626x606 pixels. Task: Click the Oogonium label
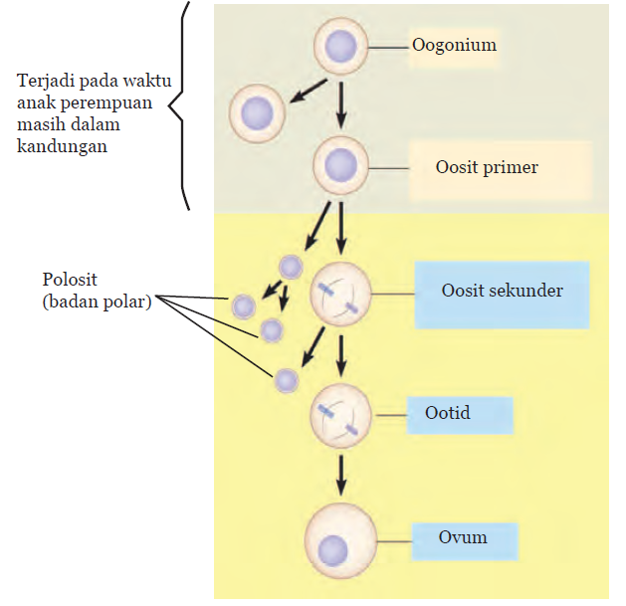tap(454, 46)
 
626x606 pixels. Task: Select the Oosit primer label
tap(487, 167)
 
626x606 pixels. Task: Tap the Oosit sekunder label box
tap(502, 292)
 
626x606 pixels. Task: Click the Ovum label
tap(463, 537)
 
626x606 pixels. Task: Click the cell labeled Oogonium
tap(341, 46)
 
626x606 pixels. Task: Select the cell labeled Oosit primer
tap(341, 166)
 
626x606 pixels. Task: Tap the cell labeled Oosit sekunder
tap(340, 294)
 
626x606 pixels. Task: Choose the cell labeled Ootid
tap(340, 417)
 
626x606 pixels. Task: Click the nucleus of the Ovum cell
tap(332, 548)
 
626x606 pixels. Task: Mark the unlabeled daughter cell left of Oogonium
tap(258, 113)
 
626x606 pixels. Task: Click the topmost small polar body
tap(291, 267)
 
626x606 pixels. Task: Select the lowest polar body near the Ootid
tap(287, 380)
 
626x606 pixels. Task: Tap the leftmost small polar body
tap(244, 306)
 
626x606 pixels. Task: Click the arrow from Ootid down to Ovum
tap(341, 474)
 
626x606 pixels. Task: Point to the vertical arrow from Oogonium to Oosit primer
tap(341, 105)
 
